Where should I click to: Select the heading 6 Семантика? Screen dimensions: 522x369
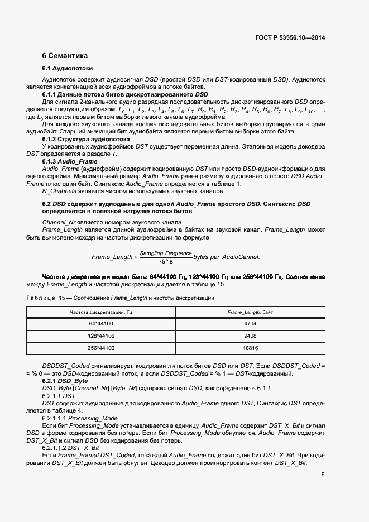pyautogui.click(x=65, y=56)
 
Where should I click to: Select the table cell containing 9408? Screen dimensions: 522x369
pyautogui.click(x=250, y=336)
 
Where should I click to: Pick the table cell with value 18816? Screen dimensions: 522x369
pyautogui.click(x=250, y=348)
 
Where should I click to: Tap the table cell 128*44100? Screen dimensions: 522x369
pyautogui.click(x=101, y=336)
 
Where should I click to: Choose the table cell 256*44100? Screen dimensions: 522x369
pyautogui.click(x=101, y=348)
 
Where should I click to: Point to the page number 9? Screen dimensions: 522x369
pyautogui.click(x=323, y=475)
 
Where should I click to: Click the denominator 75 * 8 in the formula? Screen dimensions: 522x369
pyautogui.click(x=165, y=261)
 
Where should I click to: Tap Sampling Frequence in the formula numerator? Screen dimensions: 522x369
pyautogui.click(x=165, y=253)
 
